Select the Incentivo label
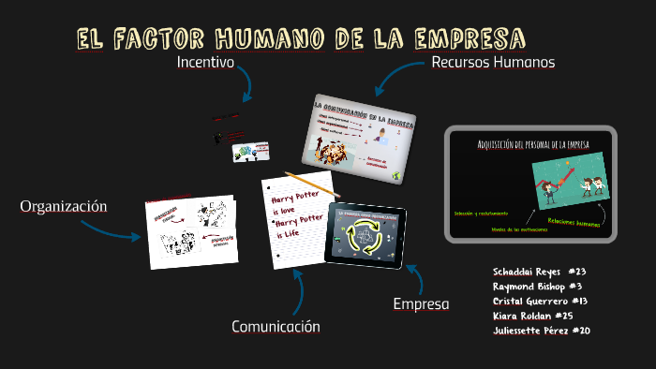(205, 63)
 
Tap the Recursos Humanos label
(493, 63)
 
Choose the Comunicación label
(276, 327)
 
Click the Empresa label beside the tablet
(421, 304)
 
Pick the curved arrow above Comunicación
(298, 291)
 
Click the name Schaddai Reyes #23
(539, 271)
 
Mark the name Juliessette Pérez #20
(541, 331)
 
